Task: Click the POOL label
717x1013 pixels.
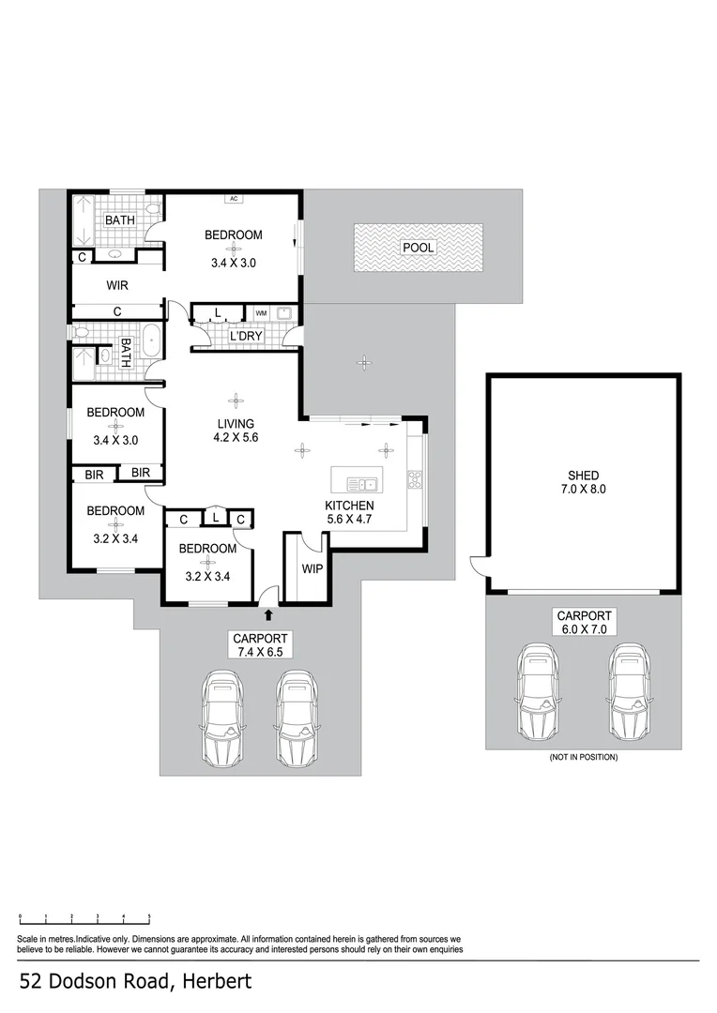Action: pyautogui.click(x=418, y=248)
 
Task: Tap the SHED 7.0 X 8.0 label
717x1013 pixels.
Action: pyautogui.click(x=582, y=482)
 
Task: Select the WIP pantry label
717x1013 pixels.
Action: pyautogui.click(x=312, y=568)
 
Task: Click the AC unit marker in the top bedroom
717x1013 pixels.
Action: pyautogui.click(x=234, y=199)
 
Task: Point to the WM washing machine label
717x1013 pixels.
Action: pyautogui.click(x=261, y=313)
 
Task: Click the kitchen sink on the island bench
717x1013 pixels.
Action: pyautogui.click(x=361, y=485)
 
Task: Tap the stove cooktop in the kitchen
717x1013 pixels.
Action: pyautogui.click(x=414, y=479)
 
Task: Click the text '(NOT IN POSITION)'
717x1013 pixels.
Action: pyautogui.click(x=583, y=757)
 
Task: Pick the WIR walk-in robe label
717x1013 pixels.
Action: pyautogui.click(x=116, y=285)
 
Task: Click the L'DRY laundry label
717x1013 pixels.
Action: pyautogui.click(x=246, y=336)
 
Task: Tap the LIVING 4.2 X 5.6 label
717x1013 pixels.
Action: pyautogui.click(x=236, y=430)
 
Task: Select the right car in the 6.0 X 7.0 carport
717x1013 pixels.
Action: pyautogui.click(x=626, y=690)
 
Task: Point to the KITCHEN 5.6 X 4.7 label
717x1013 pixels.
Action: pyautogui.click(x=350, y=511)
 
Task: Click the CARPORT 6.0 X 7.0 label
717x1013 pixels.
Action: pyautogui.click(x=584, y=622)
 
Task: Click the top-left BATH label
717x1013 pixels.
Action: pyautogui.click(x=119, y=220)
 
